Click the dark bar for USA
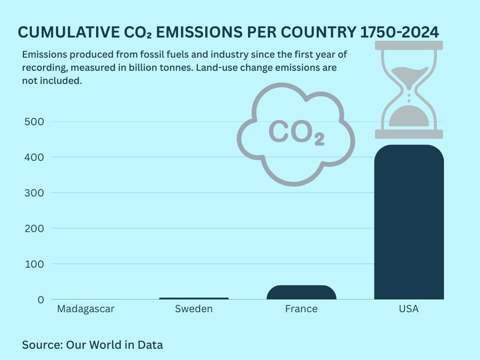point(409,225)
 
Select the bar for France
point(301,293)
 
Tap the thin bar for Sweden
point(194,298)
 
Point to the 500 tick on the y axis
point(34,121)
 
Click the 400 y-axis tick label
point(34,157)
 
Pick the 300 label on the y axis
point(34,193)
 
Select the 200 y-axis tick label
point(34,228)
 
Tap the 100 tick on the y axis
point(34,264)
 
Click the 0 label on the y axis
point(40,299)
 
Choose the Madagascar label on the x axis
point(86,309)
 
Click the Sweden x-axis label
point(194,309)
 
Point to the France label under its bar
point(301,309)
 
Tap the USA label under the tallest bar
point(409,309)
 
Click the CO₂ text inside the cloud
point(296,133)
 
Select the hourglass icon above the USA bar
point(409,90)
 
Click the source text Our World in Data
point(114,345)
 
